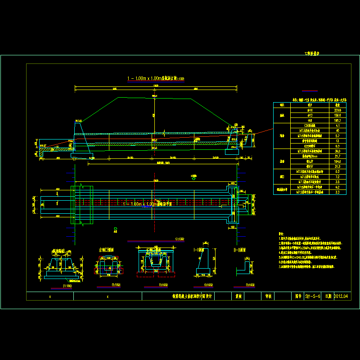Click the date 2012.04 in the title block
click(342, 297)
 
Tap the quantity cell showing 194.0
click(337, 161)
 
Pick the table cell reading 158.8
click(337, 115)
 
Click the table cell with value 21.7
click(337, 156)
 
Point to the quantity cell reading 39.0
click(337, 151)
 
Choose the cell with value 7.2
click(337, 176)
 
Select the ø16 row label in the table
click(310, 110)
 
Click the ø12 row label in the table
click(310, 115)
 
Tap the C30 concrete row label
click(310, 126)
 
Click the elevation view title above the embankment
click(155, 78)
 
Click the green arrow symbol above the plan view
click(193, 179)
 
